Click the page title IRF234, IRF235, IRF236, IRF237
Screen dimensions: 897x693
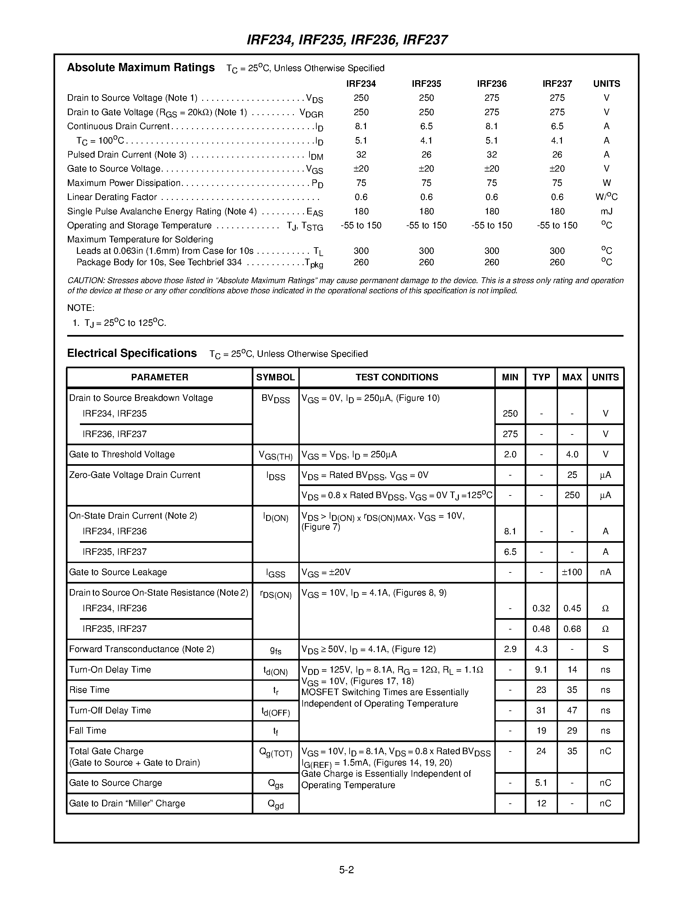coord(347,40)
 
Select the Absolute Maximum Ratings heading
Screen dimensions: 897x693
coord(141,68)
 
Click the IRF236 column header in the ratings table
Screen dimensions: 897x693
coord(491,84)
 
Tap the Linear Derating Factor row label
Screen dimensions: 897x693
coord(112,197)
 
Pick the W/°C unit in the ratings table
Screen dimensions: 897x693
coord(606,197)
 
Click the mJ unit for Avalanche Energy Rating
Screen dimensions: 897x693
coord(606,211)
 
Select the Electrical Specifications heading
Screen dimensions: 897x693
coord(132,353)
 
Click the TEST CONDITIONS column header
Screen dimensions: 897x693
coord(397,377)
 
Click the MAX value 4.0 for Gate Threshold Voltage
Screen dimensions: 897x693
coord(572,454)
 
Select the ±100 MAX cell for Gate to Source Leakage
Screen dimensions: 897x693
coord(572,572)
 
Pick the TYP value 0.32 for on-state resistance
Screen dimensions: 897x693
coord(541,608)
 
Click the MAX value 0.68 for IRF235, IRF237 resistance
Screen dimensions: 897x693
coord(572,629)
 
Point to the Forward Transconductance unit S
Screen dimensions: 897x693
coord(605,649)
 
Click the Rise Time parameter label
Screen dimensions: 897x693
coord(89,690)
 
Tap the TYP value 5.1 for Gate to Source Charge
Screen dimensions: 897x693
coord(541,783)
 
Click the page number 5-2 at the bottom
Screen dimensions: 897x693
coord(346,870)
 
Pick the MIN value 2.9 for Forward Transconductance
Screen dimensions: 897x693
coord(510,649)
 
